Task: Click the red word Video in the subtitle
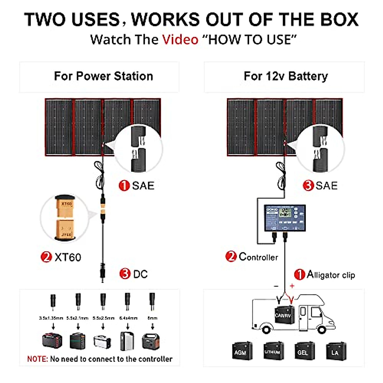tap(180, 40)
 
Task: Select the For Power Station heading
tap(103, 76)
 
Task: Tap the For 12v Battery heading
tap(286, 76)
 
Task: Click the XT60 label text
tap(68, 257)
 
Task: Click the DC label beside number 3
tap(140, 274)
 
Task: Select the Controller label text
tap(258, 257)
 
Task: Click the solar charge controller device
tap(285, 218)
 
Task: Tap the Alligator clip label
tap(331, 275)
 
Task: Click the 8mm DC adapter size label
tap(153, 318)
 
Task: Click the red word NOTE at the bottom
tap(37, 359)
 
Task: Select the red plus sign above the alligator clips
tap(292, 286)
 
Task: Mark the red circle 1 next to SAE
tap(124, 185)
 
